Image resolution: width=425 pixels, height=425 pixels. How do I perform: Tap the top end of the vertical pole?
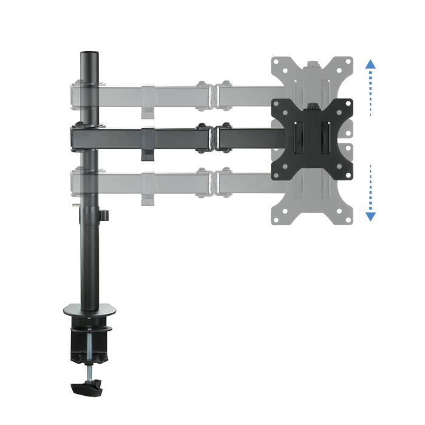click(x=89, y=55)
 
